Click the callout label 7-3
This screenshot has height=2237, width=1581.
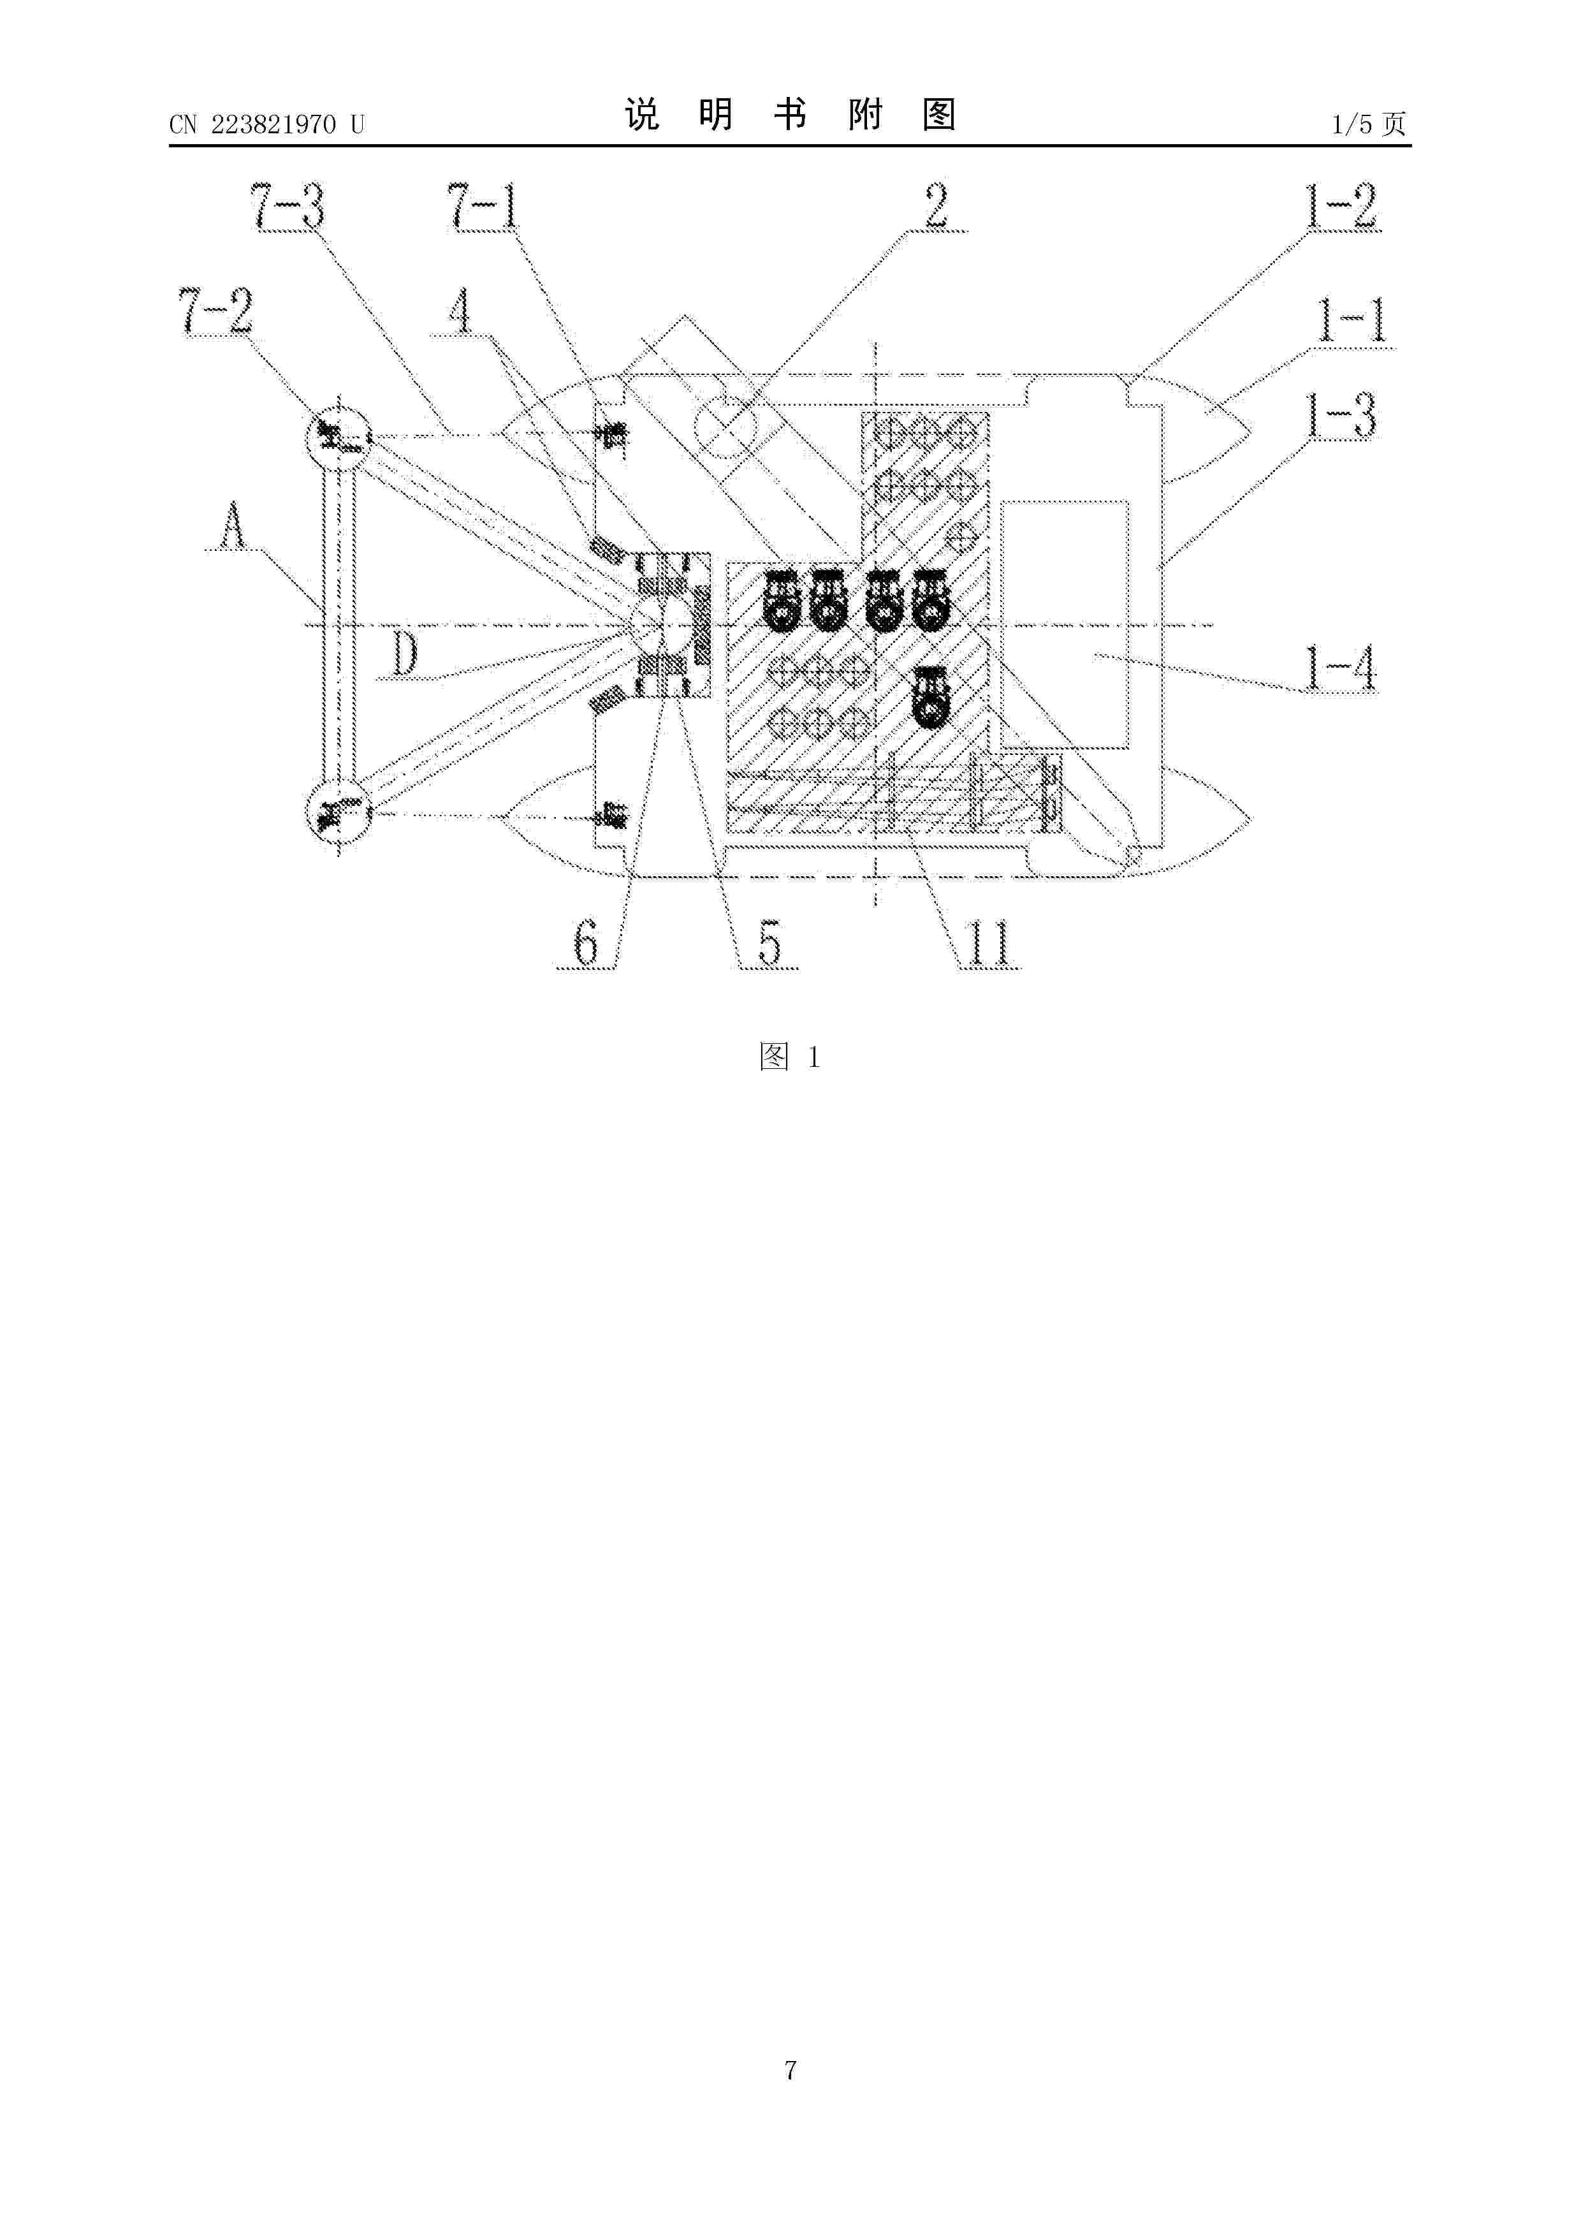click(288, 207)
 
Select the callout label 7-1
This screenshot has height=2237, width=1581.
click(484, 207)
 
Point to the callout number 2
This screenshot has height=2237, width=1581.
click(935, 207)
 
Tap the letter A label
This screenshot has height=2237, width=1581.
click(232, 528)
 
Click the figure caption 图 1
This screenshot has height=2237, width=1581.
click(790, 1057)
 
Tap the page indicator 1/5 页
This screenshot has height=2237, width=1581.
click(1369, 124)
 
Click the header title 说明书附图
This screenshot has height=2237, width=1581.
click(790, 115)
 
